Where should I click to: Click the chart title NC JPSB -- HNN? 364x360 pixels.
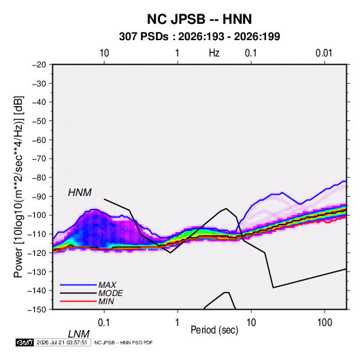[x=199, y=19]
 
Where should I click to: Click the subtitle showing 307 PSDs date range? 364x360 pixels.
[x=199, y=37]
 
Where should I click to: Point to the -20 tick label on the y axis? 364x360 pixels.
[x=39, y=65]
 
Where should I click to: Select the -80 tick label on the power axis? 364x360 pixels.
[x=39, y=178]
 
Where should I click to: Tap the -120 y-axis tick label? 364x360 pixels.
[x=37, y=253]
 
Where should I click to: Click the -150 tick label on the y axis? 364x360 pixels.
[x=37, y=310]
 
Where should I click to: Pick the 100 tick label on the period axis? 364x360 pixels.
[x=325, y=323]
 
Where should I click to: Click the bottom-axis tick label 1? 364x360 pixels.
[x=178, y=323]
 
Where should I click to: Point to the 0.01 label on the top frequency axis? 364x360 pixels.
[x=324, y=53]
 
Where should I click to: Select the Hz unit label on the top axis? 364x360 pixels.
[x=214, y=53]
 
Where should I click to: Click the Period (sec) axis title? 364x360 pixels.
[x=214, y=330]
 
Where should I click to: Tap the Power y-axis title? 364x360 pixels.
[x=18, y=186]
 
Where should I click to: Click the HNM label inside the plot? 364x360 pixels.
[x=80, y=193]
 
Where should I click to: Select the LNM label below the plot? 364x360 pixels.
[x=78, y=334]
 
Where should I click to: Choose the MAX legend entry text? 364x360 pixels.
[x=107, y=285]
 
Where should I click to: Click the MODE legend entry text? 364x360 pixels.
[x=110, y=293]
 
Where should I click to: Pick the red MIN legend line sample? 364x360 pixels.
[x=78, y=301]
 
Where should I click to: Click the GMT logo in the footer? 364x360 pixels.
[x=24, y=342]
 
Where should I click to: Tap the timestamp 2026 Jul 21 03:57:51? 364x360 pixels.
[x=62, y=342]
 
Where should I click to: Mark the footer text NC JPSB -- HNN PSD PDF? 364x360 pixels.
[x=124, y=342]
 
